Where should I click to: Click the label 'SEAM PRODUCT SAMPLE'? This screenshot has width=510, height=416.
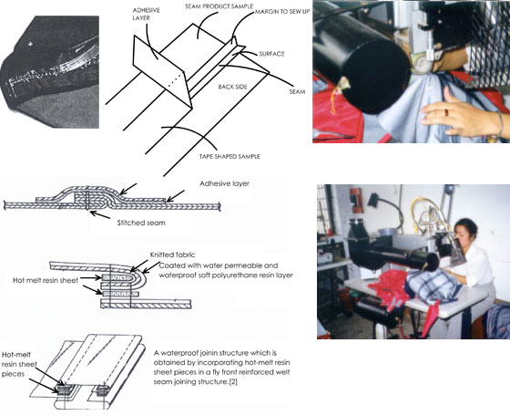coord(219,6)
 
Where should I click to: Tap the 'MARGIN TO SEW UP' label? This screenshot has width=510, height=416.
coord(282,12)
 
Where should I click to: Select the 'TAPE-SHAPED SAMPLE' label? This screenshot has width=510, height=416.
coord(229,156)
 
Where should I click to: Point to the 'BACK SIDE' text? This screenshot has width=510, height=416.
coord(233,87)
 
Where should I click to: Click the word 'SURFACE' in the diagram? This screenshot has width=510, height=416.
coord(271,54)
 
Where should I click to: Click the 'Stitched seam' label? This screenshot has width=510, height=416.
coord(141,223)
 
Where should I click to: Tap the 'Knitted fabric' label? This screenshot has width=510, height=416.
coord(173,255)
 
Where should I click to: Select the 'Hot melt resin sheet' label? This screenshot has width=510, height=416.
coord(46,280)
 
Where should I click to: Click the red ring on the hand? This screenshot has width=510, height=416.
coord(447,112)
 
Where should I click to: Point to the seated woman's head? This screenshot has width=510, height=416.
coord(465,230)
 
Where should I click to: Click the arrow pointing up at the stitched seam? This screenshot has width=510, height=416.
coord(100,215)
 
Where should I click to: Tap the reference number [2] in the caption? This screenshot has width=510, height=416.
coord(233,382)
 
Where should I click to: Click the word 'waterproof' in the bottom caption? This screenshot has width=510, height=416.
coord(174,353)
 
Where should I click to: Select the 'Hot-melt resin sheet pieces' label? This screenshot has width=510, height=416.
coord(19,364)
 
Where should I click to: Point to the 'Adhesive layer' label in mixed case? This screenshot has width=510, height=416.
coord(224,183)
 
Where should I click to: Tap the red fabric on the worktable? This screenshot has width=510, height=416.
coord(388,284)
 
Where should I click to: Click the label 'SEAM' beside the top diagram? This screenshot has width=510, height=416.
coord(297,92)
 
